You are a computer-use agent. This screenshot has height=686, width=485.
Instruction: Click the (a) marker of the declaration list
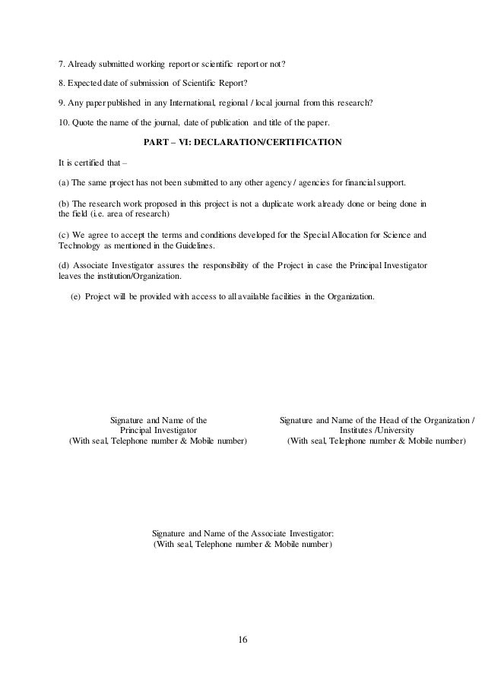64,184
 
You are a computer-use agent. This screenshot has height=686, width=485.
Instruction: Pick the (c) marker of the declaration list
64,235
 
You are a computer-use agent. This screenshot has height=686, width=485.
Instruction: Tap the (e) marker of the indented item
76,296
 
